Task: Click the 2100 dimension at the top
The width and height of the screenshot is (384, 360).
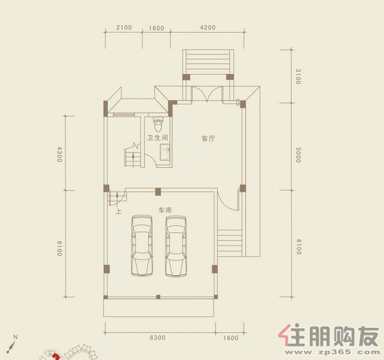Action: tap(124, 27)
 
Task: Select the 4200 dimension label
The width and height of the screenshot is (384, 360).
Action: tap(207, 27)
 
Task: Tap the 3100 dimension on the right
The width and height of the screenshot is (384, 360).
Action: tap(298, 76)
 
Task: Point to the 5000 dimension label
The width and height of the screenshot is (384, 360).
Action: tap(298, 155)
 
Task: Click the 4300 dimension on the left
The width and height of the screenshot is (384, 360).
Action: tap(59, 154)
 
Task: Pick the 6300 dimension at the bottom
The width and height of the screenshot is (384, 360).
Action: tap(158, 338)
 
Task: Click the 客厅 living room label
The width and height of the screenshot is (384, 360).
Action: tap(208, 138)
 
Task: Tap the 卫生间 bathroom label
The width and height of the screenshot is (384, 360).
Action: tap(158, 138)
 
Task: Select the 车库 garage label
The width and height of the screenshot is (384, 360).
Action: tap(165, 210)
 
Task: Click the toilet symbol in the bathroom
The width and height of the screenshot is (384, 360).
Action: tap(158, 124)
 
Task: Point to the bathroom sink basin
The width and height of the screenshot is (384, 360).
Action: tap(165, 152)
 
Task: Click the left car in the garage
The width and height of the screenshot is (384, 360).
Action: tap(142, 245)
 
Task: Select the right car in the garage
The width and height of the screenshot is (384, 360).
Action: tap(176, 246)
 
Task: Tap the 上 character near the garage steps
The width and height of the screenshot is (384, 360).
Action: tap(119, 211)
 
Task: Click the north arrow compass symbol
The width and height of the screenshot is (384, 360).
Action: tap(12, 344)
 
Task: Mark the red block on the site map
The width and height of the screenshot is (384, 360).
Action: tap(56, 356)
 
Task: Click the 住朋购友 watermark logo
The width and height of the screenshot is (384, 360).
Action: tap(329, 336)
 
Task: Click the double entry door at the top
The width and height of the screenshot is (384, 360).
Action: tap(207, 94)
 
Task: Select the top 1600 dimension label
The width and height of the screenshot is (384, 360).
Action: tap(156, 28)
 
